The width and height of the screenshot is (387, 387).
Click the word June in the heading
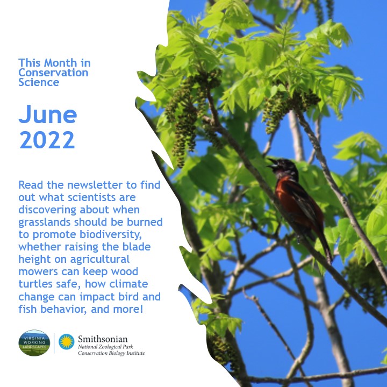[x=48, y=114]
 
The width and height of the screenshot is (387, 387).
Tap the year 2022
[x=47, y=140]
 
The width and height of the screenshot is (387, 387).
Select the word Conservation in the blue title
[x=53, y=73]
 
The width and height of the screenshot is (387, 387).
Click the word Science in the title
[x=39, y=82]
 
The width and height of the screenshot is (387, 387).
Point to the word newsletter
[x=95, y=185]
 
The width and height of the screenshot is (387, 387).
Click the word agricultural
[x=100, y=260]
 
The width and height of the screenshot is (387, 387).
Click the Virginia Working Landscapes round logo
[x=34, y=342]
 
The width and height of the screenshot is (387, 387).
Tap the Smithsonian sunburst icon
[x=67, y=342]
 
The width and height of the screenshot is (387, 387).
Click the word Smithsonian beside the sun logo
[x=103, y=339]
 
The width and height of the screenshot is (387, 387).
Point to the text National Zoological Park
[x=105, y=347]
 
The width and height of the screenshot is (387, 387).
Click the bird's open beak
[x=272, y=163]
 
